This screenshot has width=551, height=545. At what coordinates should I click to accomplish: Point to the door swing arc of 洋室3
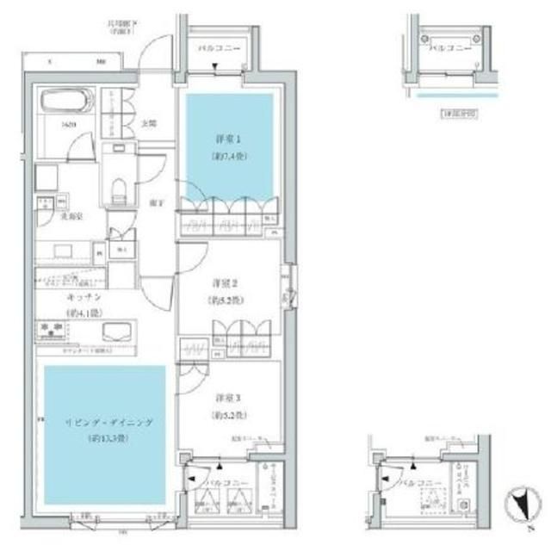[x=194, y=372]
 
